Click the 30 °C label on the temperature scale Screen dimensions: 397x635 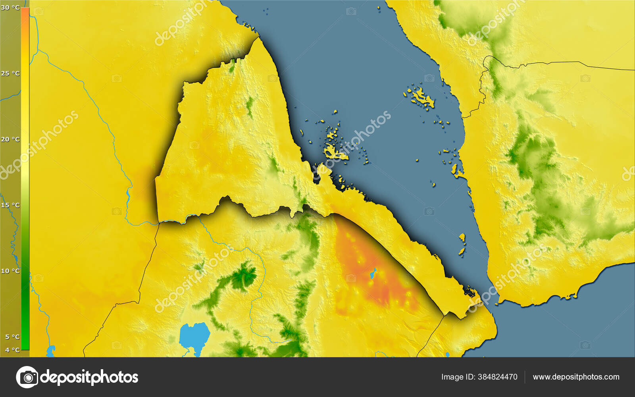tap(10, 8)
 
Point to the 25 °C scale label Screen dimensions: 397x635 tap(10, 73)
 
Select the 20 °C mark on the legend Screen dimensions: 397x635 tap(10, 139)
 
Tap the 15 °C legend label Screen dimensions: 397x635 tap(10, 205)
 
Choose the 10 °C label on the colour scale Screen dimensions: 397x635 tap(10, 271)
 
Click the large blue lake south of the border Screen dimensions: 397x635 tap(194, 336)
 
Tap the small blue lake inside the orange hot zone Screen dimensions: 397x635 tap(373, 273)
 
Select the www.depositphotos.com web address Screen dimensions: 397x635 tap(576, 377)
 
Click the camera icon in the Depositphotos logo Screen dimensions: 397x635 tap(27, 377)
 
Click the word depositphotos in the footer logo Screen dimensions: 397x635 tap(89, 377)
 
